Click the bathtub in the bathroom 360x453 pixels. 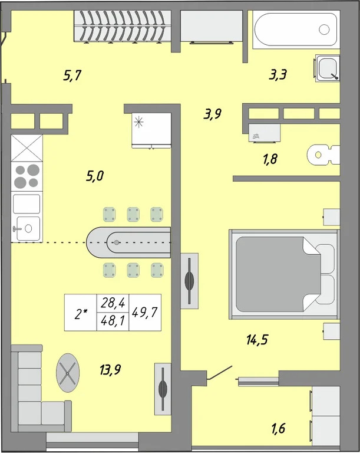(296, 29)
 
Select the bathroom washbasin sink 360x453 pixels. (328, 68)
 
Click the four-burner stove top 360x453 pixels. (27, 176)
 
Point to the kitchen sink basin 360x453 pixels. (28, 228)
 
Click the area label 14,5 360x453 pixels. (257, 340)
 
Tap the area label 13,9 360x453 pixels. (110, 369)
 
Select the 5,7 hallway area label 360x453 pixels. (72, 75)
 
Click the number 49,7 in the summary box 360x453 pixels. (144, 312)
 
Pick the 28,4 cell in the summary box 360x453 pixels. (113, 303)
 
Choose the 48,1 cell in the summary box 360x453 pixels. (113, 321)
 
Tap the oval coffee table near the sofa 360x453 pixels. (68, 373)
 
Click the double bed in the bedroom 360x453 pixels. (284, 274)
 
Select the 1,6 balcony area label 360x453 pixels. (278, 428)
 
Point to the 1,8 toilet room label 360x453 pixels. (270, 159)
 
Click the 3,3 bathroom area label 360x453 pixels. (278, 75)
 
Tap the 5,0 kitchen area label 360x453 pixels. (95, 176)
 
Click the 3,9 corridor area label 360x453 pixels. (213, 114)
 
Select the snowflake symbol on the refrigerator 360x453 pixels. (139, 122)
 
